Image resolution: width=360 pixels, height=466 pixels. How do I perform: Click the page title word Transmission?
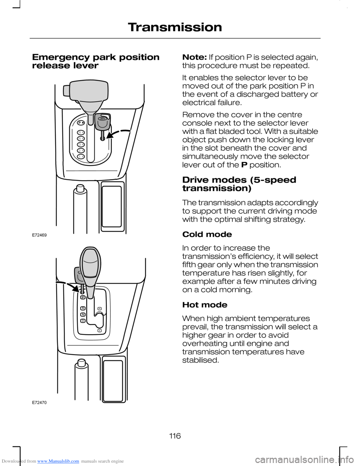click(x=175, y=27)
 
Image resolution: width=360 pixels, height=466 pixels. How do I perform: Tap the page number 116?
click(x=175, y=436)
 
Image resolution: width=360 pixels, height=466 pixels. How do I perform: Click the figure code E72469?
click(x=39, y=235)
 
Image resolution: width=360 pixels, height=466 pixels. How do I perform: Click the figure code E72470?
click(x=39, y=403)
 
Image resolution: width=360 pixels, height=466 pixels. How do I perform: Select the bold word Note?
click(x=194, y=57)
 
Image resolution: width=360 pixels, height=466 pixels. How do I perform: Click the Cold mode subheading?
click(x=207, y=235)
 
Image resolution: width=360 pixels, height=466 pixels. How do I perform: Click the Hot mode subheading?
click(x=205, y=305)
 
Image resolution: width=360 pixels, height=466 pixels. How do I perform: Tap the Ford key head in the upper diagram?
click(x=103, y=122)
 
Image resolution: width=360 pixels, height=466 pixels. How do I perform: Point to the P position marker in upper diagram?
click(x=80, y=123)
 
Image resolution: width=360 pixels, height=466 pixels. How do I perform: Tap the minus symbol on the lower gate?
click(x=99, y=308)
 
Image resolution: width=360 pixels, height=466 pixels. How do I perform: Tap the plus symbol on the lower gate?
click(x=99, y=331)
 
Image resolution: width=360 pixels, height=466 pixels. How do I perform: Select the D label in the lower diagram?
click(x=83, y=321)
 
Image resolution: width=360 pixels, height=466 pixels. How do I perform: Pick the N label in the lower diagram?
click(x=83, y=314)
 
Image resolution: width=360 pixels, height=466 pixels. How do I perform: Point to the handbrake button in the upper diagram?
click(x=80, y=189)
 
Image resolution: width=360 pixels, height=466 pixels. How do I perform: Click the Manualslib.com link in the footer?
click(x=58, y=461)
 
